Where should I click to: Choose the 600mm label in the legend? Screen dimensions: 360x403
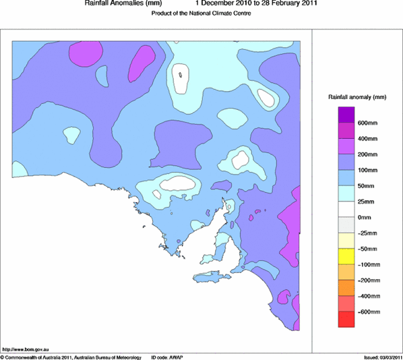367,123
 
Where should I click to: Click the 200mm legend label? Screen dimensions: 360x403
367,154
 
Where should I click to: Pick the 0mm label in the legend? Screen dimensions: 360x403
365,217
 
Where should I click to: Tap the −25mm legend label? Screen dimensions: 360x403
367,233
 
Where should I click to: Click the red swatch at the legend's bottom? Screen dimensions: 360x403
346,320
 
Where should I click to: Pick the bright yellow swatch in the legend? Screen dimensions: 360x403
346,256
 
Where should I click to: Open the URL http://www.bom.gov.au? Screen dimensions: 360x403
27,349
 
